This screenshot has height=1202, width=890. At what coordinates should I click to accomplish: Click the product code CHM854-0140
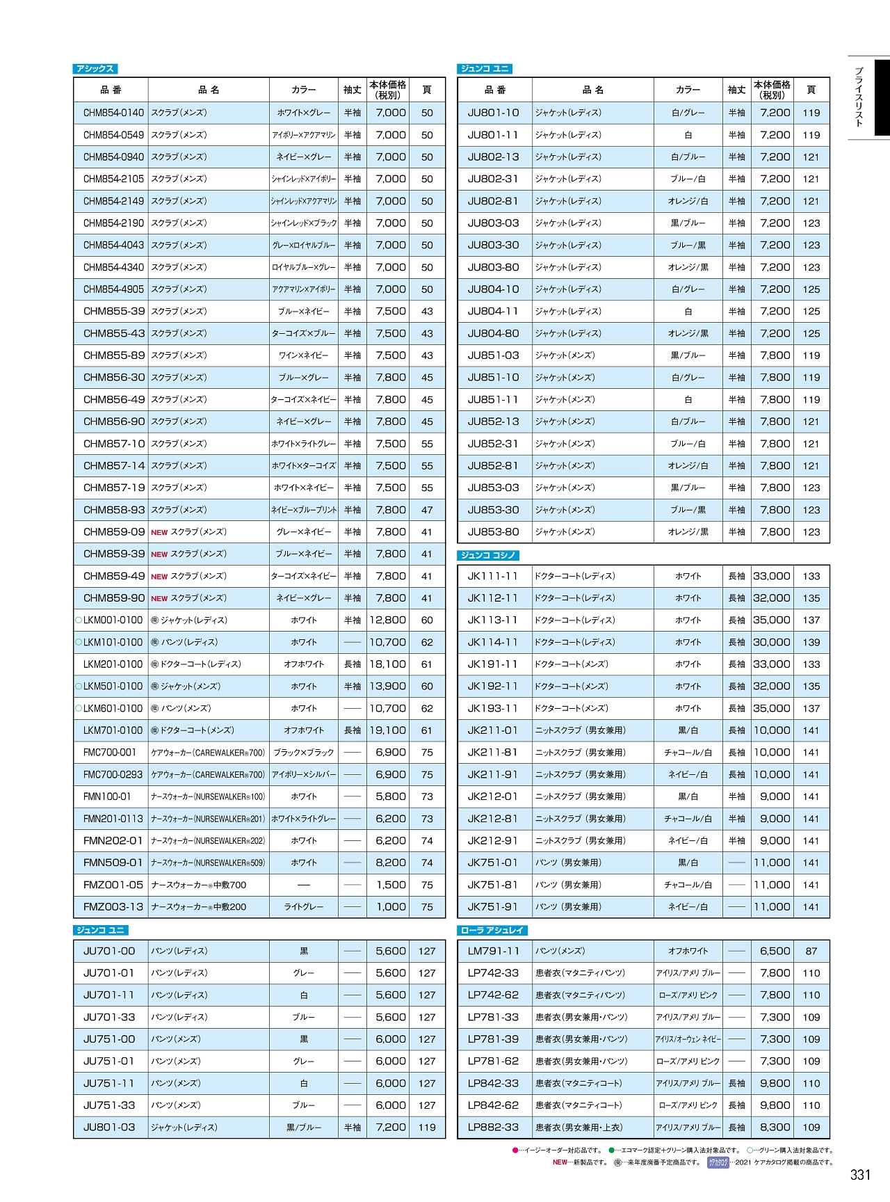[x=113, y=113]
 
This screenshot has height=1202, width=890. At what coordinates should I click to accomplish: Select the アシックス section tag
[x=95, y=69]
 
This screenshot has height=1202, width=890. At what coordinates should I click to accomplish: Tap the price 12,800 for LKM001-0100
[x=387, y=620]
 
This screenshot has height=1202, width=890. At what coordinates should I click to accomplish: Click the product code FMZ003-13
[x=113, y=907]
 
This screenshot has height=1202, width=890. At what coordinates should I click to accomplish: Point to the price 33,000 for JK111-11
[x=772, y=576]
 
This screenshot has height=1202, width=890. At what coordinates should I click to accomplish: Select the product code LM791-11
[x=494, y=951]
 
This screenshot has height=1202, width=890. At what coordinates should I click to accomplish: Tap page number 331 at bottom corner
[x=860, y=1175]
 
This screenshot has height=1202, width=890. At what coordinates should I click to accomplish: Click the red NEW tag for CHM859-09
[x=159, y=532]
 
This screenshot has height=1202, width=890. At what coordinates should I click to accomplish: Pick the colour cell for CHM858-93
[x=304, y=510]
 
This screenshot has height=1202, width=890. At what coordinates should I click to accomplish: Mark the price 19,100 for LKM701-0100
[x=387, y=730]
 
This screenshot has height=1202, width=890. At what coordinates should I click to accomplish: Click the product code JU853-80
[x=494, y=532]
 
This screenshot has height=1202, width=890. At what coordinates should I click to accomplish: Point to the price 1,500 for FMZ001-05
[x=391, y=885]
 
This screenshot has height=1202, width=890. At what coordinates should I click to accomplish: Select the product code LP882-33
[x=494, y=1128]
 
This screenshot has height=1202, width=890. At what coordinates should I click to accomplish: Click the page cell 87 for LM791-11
[x=811, y=951]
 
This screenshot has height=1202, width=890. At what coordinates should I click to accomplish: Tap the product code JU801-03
[x=109, y=1128]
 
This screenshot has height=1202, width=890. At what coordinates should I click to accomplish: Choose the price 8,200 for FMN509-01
[x=391, y=863]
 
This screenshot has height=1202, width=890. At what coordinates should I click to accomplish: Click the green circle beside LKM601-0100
[x=79, y=708]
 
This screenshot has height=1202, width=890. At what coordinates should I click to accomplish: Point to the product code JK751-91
[x=494, y=907]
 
